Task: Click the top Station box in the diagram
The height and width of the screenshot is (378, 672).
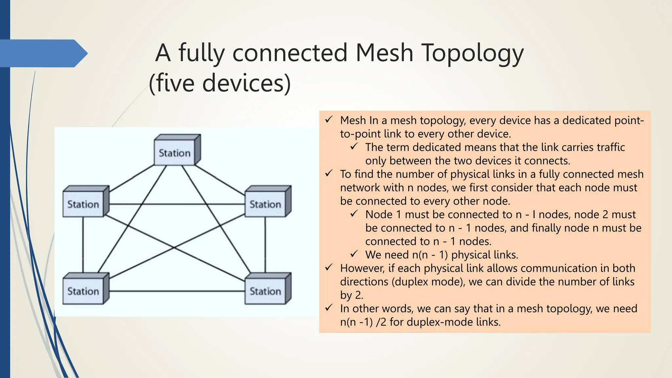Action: coord(175,153)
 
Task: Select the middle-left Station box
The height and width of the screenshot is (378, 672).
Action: coord(83,204)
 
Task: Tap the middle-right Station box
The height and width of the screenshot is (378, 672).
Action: coord(265,204)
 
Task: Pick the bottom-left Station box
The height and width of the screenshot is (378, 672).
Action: coord(83,291)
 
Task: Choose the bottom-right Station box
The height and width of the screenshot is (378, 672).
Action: coord(265,291)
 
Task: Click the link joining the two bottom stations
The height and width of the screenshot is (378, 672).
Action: coord(177,291)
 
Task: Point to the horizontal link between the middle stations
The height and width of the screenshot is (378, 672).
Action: coord(177,204)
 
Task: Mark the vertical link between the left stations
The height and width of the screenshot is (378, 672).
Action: coord(83,244)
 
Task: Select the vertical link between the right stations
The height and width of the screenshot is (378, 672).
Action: coord(265,244)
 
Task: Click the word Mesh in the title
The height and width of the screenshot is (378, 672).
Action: coord(384,53)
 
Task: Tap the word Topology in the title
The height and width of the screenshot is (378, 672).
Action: coord(472,53)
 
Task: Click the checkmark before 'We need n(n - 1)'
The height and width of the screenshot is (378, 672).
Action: coord(354,254)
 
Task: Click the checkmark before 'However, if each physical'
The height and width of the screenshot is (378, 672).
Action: coord(329,267)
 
